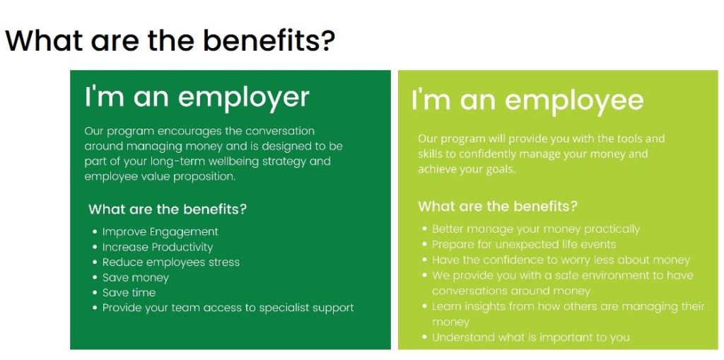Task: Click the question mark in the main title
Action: point(326,40)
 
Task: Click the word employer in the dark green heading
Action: point(243,98)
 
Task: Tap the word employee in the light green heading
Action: point(574,101)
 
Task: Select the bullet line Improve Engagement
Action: point(160,231)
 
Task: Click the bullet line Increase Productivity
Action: point(158,247)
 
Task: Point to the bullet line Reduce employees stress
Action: point(171,262)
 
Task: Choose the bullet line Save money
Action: point(136,278)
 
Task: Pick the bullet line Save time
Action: point(129,293)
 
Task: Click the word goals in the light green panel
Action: point(501,170)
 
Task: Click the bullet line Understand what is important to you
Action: point(530,337)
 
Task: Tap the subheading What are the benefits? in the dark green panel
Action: point(168,209)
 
